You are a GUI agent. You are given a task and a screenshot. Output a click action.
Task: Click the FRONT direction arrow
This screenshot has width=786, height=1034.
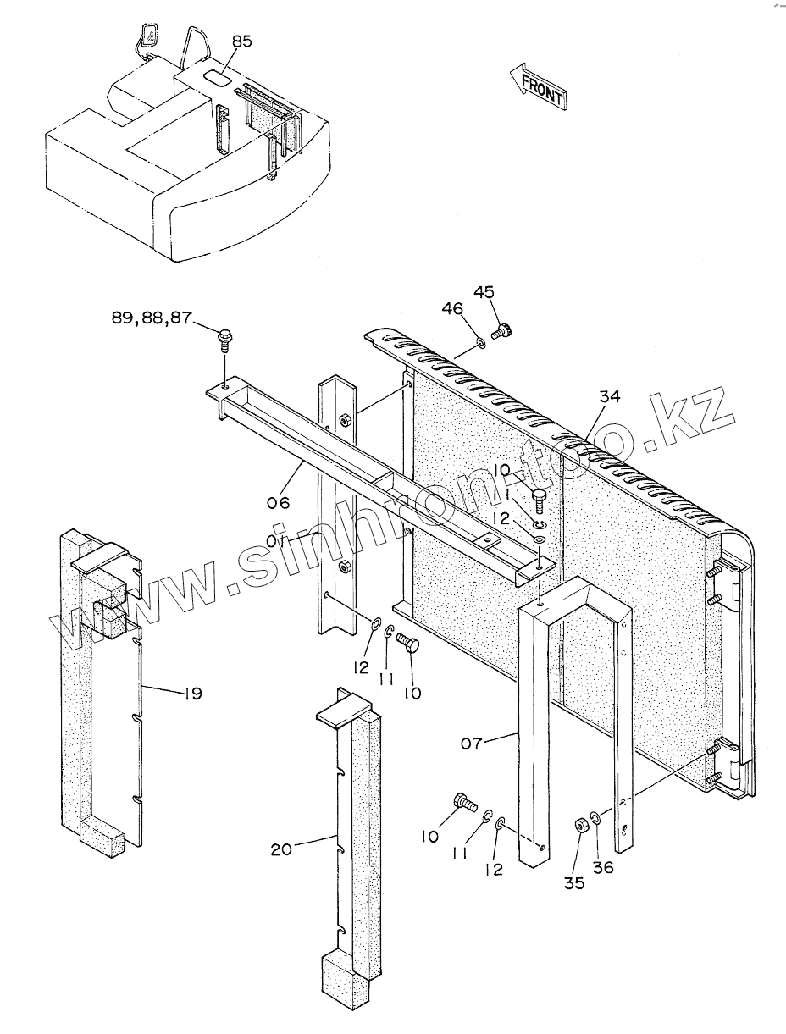pyautogui.click(x=538, y=87)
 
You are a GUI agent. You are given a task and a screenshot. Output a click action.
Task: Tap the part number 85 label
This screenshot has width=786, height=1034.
pyautogui.click(x=241, y=41)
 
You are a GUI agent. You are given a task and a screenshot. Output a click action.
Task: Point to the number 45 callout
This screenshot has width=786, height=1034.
pyautogui.click(x=484, y=292)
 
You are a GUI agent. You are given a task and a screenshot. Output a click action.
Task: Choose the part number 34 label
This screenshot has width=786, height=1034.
pyautogui.click(x=611, y=396)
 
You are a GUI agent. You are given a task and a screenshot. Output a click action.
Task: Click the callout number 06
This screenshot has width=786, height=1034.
pyautogui.click(x=278, y=502)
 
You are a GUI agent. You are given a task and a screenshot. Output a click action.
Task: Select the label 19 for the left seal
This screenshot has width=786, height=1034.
pyautogui.click(x=192, y=694)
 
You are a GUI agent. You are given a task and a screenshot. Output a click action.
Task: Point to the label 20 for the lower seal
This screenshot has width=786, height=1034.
pyautogui.click(x=281, y=849)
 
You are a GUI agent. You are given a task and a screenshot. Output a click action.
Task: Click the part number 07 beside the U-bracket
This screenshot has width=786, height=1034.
pyautogui.click(x=472, y=744)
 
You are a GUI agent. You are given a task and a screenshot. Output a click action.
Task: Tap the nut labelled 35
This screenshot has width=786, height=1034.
pyautogui.click(x=581, y=826)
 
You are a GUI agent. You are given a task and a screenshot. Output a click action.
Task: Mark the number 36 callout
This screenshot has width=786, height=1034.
pyautogui.click(x=603, y=867)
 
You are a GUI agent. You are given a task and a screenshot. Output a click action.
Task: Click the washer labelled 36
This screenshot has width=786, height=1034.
pyautogui.click(x=596, y=819)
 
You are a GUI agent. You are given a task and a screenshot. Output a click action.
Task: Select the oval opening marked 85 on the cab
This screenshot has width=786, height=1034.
pyautogui.click(x=216, y=75)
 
